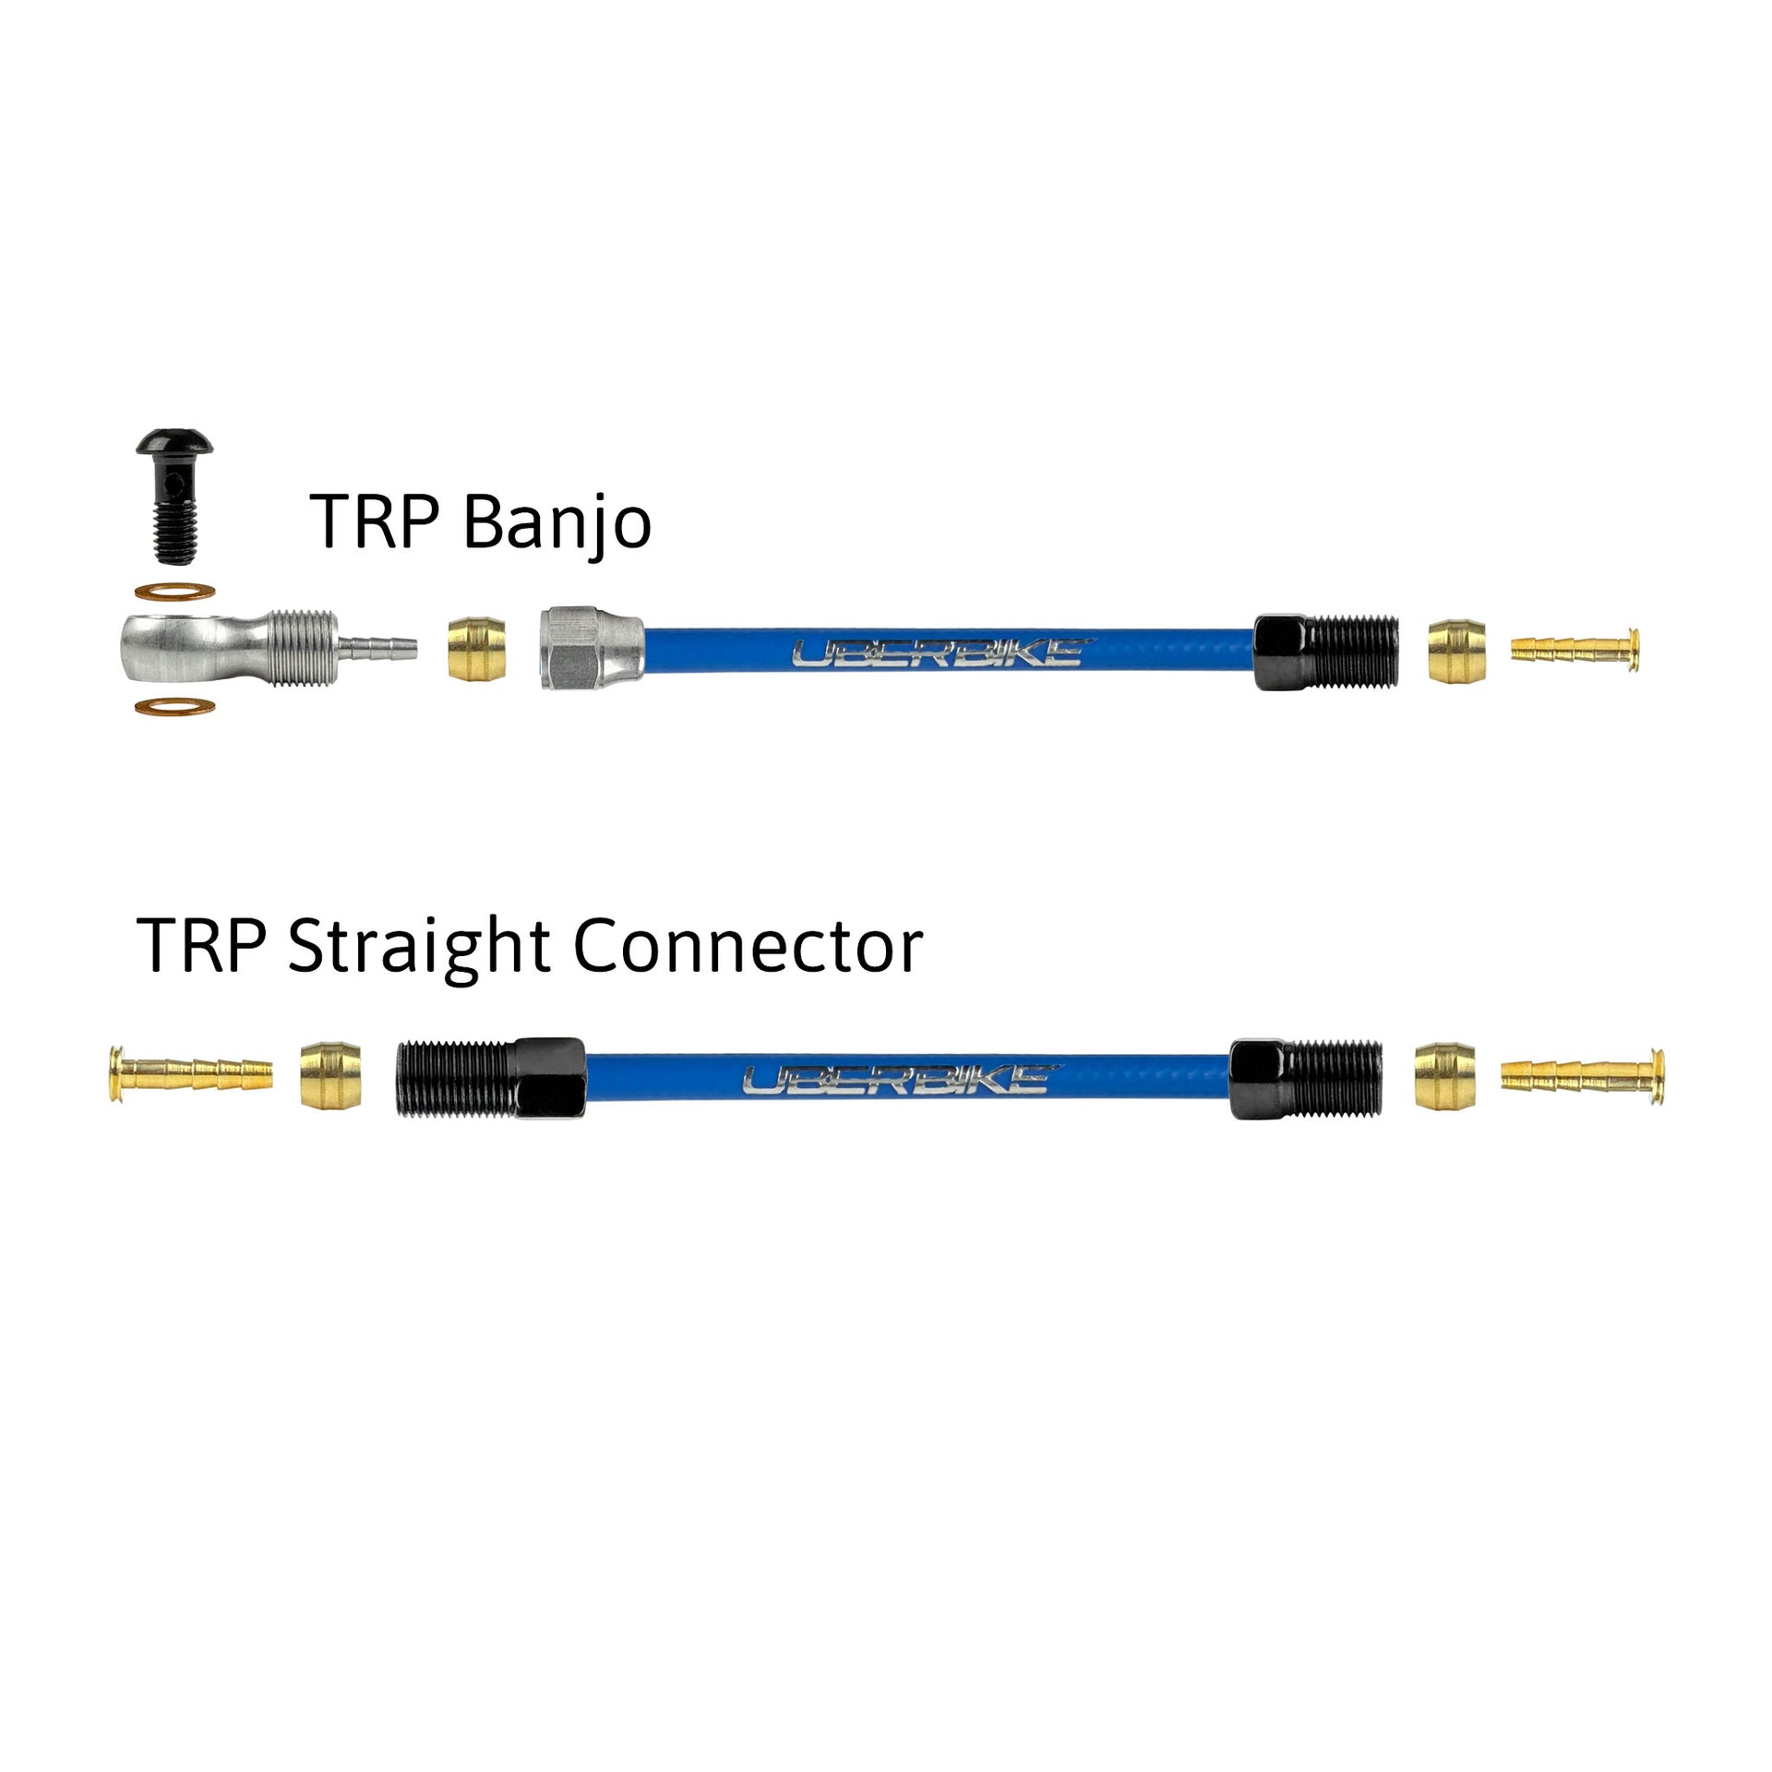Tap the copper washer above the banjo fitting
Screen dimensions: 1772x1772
pos(176,591)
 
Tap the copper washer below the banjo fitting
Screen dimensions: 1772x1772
pos(176,708)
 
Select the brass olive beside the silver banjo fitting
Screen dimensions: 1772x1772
pos(477,651)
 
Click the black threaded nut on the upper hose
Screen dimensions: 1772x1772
pos(1326,650)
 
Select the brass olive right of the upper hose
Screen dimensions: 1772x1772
pos(1457,651)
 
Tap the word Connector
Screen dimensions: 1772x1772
pos(748,947)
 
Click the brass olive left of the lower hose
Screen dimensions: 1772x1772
pos(330,1075)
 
